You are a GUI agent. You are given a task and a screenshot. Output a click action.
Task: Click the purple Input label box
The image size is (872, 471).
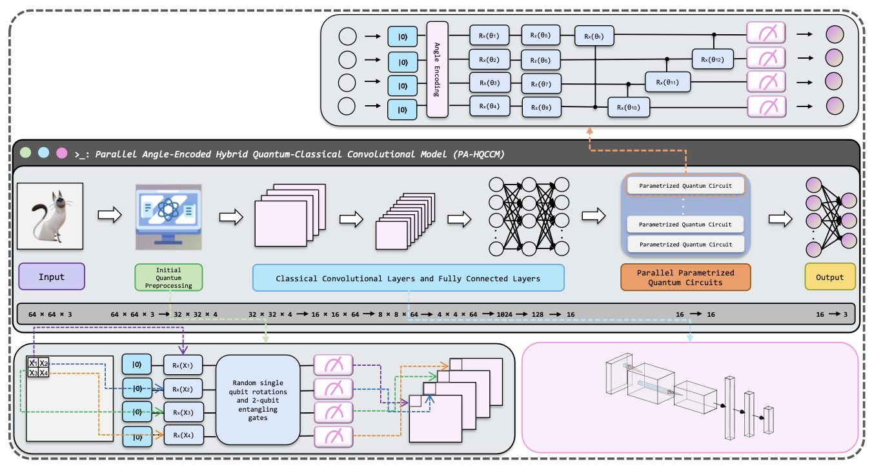tap(52, 277)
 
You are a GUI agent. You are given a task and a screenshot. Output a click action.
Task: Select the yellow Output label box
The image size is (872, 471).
tap(829, 277)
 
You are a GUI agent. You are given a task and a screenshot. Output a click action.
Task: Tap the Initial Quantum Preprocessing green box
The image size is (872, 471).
tap(169, 277)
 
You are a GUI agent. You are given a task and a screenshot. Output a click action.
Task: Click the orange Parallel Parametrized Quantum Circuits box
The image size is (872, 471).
tap(685, 277)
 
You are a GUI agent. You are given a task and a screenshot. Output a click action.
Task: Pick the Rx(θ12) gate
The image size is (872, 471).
tap(713, 59)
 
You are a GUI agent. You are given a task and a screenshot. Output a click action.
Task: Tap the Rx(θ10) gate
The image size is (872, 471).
tap(628, 106)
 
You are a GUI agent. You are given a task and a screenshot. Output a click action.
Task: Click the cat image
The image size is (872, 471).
tap(50, 215)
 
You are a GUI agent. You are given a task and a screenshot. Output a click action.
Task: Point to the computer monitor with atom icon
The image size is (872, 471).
tap(168, 217)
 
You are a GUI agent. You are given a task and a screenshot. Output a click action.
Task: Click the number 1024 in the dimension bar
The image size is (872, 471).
tap(505, 314)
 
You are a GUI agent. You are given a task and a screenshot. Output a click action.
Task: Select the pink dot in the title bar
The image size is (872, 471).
tap(62, 154)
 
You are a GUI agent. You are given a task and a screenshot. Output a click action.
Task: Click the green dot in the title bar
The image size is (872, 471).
tap(25, 154)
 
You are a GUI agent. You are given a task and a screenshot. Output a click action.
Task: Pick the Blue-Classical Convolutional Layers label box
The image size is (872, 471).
tap(408, 278)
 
